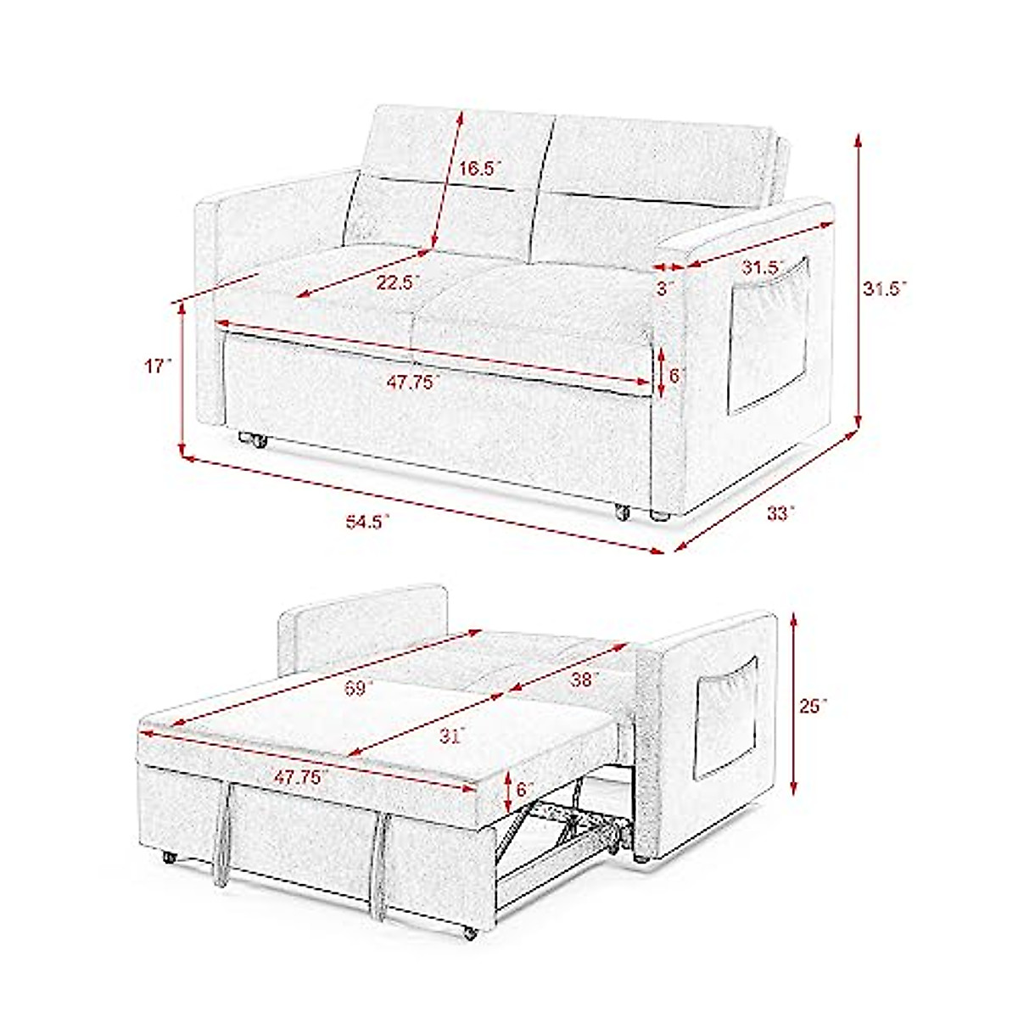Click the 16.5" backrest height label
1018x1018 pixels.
[x=475, y=168]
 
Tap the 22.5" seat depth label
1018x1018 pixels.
[x=398, y=282]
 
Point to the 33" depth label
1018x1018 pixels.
[x=780, y=513]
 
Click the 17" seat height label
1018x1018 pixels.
[x=158, y=366]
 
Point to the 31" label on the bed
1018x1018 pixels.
[x=450, y=736]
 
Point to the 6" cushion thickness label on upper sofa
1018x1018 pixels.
[x=675, y=374]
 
